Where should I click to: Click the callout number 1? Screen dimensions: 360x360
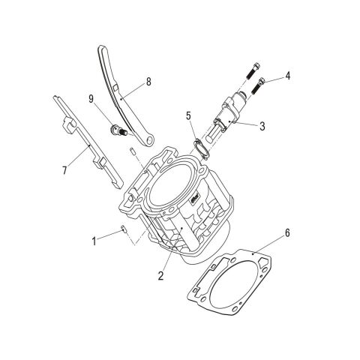tap(94, 241)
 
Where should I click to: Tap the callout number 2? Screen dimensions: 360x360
tap(160, 275)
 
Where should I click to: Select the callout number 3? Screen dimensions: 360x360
tap(262, 126)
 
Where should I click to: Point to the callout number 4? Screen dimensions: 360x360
tap(288, 76)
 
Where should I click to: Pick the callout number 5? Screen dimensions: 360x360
tap(188, 115)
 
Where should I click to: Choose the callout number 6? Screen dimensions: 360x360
tap(287, 233)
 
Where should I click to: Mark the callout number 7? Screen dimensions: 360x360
tap(64, 170)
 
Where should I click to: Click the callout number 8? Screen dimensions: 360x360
tap(148, 82)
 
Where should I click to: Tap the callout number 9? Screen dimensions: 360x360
tap(91, 99)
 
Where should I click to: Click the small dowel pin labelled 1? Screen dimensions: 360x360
tap(123, 228)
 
